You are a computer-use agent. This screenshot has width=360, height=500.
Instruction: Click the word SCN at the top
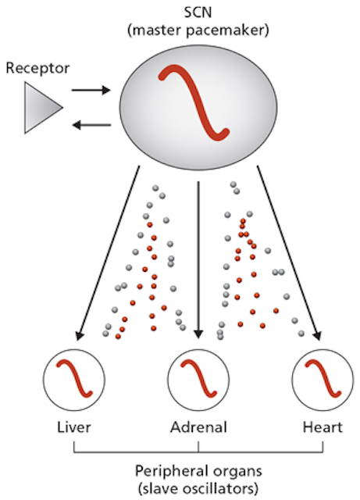[x=198, y=12]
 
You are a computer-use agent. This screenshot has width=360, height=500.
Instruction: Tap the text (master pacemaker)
[x=198, y=31]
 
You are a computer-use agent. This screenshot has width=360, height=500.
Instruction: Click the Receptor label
[x=37, y=68]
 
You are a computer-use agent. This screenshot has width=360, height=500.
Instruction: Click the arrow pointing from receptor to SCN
[x=91, y=91]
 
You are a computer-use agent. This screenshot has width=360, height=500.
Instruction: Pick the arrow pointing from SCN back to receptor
[x=91, y=125]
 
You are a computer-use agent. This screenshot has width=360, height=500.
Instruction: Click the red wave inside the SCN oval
[x=194, y=102]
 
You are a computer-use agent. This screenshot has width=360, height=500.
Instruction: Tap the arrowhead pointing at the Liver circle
[x=79, y=335]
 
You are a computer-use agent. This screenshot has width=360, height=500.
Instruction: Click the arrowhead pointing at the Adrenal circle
[x=198, y=334]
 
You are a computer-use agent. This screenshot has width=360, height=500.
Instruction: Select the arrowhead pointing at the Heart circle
[x=316, y=335]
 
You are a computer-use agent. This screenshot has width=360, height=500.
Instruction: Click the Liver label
[x=74, y=427]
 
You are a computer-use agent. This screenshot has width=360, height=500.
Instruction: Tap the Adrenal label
[x=198, y=427]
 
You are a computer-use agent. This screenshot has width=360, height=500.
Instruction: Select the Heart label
[x=323, y=427]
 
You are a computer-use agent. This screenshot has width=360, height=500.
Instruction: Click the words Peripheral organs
[x=198, y=471]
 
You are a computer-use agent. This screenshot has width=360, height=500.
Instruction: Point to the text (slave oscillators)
[x=198, y=488]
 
